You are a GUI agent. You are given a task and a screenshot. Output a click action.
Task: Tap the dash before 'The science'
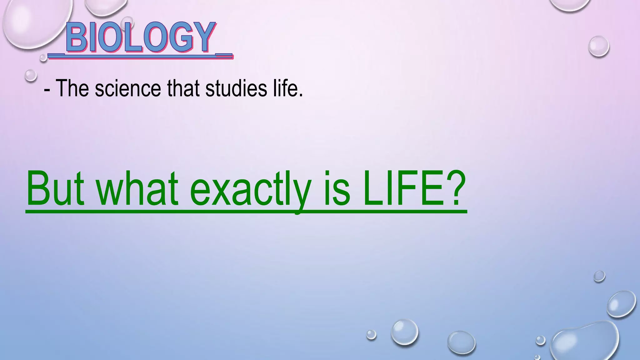coord(47,90)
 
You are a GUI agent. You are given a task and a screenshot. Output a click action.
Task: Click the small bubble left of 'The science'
coord(31,75)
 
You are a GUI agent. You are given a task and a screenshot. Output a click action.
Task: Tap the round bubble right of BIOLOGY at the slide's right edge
coord(599,46)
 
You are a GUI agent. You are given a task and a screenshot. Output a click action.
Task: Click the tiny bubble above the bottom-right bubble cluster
coord(599,276)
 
